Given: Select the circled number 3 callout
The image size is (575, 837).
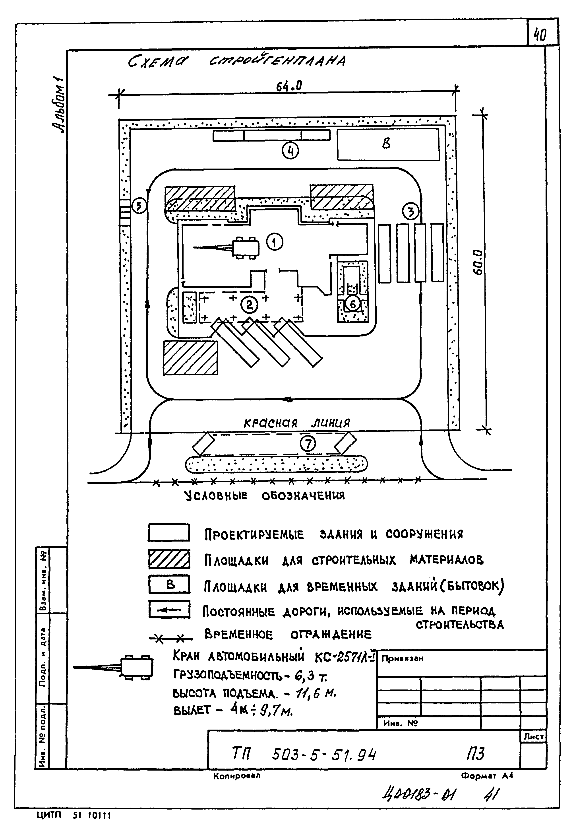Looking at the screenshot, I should tap(411, 212).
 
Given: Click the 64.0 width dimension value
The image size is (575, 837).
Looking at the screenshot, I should tap(289, 86).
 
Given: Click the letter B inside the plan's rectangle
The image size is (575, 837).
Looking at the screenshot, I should tap(386, 144).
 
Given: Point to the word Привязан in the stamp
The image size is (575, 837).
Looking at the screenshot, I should tap(402, 658).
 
